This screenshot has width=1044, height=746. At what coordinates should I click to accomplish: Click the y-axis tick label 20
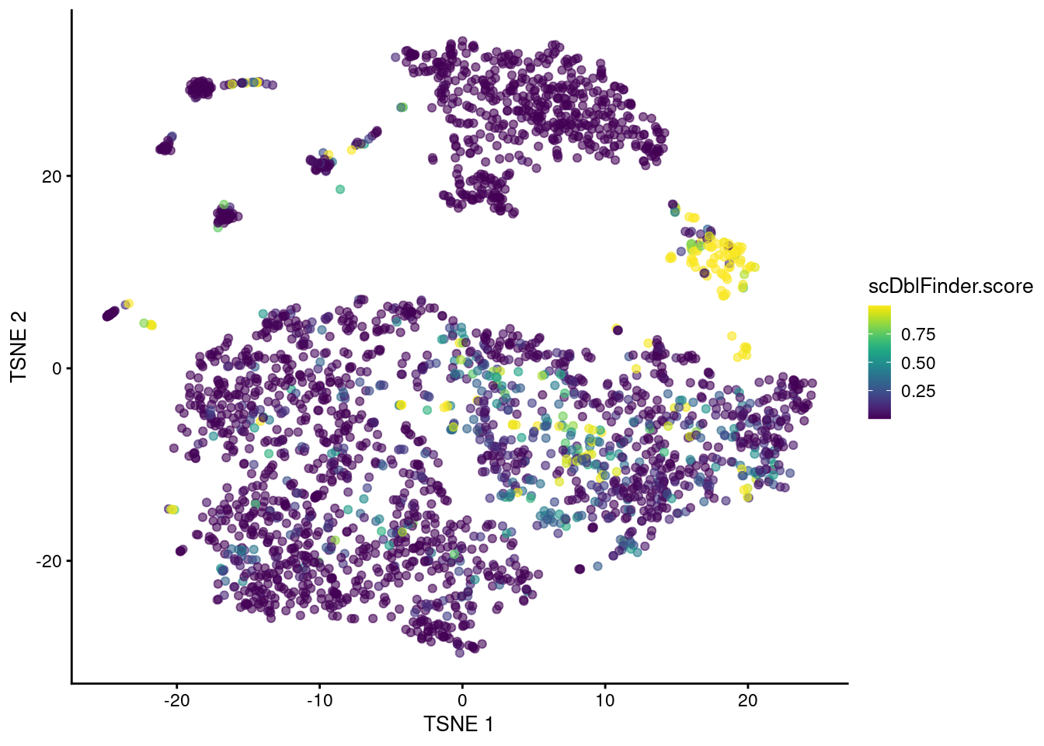(x=51, y=176)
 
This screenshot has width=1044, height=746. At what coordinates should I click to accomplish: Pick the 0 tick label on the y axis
(x=57, y=368)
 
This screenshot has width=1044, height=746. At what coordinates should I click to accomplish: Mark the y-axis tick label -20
(x=48, y=561)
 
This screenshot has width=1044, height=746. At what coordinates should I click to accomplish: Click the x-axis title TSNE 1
(x=458, y=724)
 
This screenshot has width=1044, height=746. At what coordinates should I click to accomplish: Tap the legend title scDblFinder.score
(x=950, y=287)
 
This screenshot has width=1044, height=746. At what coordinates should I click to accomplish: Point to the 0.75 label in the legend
(x=918, y=335)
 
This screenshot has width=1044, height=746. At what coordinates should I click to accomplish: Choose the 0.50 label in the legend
(x=918, y=363)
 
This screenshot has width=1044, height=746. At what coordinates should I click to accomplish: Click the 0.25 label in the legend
(x=918, y=391)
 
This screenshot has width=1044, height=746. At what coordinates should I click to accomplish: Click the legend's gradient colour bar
(x=879, y=362)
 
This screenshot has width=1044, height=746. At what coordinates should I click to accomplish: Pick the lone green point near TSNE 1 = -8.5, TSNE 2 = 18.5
(x=340, y=190)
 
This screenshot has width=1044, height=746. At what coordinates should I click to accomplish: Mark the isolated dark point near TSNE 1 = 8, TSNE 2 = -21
(x=579, y=569)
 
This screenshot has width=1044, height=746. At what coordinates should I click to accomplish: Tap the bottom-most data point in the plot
(x=460, y=653)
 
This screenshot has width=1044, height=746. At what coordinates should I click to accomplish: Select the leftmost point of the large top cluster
(x=395, y=57)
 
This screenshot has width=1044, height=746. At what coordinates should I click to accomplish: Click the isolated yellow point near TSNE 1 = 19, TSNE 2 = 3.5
(x=732, y=336)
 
